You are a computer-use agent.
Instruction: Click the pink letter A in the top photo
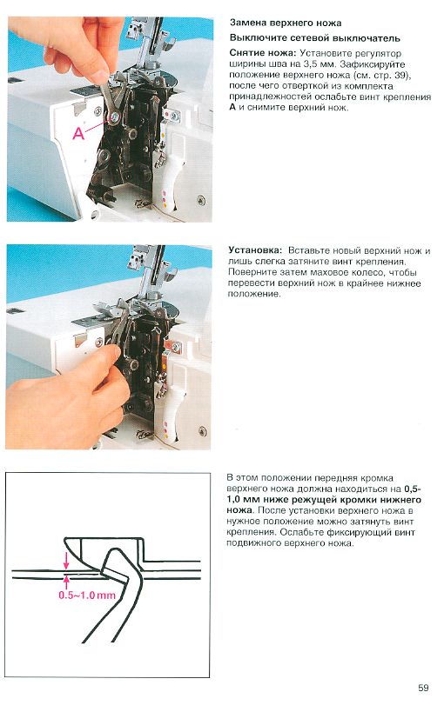tap(78, 134)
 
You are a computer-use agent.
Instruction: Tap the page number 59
tap(423, 688)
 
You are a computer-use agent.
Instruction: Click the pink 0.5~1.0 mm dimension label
tap(87, 595)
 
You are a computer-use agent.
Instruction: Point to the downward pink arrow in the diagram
tap(66, 560)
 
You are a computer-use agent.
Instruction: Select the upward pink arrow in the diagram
tap(66, 582)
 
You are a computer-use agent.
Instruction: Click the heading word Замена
tap(248, 23)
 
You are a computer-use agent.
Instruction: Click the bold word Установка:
tap(255, 250)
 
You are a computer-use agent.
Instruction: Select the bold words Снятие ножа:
tap(263, 53)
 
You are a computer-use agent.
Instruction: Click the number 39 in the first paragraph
tap(401, 75)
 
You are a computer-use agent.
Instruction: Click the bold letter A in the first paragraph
tap(232, 108)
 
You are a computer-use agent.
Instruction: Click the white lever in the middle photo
tap(170, 412)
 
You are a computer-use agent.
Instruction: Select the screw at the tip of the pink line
tap(114, 119)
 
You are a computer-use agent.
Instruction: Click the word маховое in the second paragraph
tap(328, 272)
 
